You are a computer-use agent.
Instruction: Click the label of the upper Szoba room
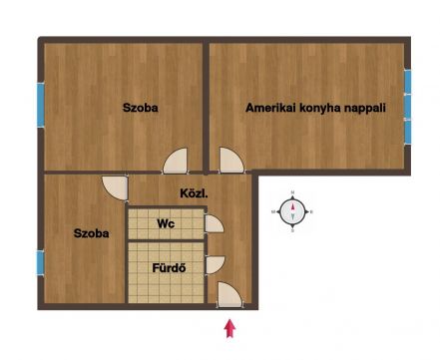click(x=140, y=108)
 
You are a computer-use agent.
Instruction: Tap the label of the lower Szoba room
click(x=91, y=233)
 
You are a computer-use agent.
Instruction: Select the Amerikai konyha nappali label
click(x=315, y=108)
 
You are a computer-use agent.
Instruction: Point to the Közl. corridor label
click(x=194, y=193)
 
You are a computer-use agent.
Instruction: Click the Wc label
click(x=166, y=223)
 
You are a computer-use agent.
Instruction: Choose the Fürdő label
click(x=169, y=268)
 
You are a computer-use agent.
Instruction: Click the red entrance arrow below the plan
click(x=229, y=328)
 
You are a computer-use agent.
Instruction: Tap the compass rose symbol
click(x=292, y=211)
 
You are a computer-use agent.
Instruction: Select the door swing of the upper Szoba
click(x=176, y=162)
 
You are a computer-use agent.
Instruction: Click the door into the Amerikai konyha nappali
click(x=231, y=161)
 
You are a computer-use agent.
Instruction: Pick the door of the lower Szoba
click(x=115, y=188)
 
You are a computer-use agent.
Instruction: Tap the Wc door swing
click(x=214, y=223)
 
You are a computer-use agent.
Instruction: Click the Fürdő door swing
click(x=215, y=265)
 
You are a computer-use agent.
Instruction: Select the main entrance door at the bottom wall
click(x=229, y=295)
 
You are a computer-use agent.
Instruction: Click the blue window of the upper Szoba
click(x=41, y=105)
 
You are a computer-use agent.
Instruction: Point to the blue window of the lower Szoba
click(x=40, y=263)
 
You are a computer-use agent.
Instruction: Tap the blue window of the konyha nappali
click(x=407, y=107)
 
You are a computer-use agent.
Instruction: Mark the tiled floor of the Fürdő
click(x=166, y=272)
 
